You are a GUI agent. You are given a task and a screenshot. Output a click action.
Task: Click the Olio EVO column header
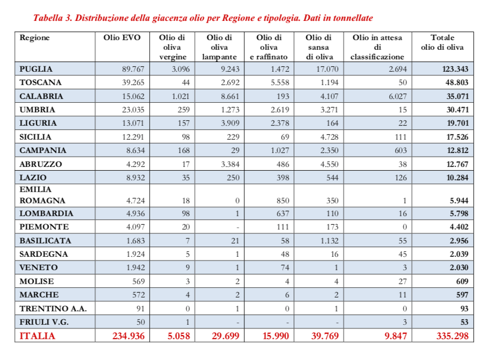click(122, 38)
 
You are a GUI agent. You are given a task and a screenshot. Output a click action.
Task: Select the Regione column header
click(35, 38)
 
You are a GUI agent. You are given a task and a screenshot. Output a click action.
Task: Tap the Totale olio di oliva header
click(442, 42)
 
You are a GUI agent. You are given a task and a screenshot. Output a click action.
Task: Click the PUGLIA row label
click(36, 69)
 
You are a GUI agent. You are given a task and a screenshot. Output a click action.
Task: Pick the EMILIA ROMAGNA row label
click(42, 195)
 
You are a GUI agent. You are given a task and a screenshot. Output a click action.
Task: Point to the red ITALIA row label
click(37, 336)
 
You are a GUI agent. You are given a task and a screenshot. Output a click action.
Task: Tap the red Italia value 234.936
click(129, 336)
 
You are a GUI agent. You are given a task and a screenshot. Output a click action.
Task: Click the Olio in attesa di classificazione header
click(378, 47)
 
